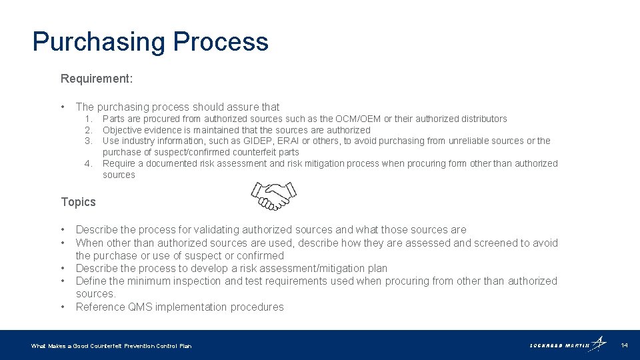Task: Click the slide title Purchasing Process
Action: coord(150,41)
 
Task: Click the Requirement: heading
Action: coord(97,79)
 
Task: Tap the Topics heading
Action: coord(78,202)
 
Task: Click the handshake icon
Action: coord(273,197)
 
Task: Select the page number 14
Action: coord(625,345)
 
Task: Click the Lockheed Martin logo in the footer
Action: coord(567,345)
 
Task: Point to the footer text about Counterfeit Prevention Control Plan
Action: coord(111,346)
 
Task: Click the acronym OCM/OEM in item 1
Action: coord(358,119)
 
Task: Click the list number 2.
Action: coord(88,130)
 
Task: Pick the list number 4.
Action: coord(88,163)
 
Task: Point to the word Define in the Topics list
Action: coord(91,281)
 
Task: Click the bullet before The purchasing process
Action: coord(62,107)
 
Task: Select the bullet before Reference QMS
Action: coord(62,307)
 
